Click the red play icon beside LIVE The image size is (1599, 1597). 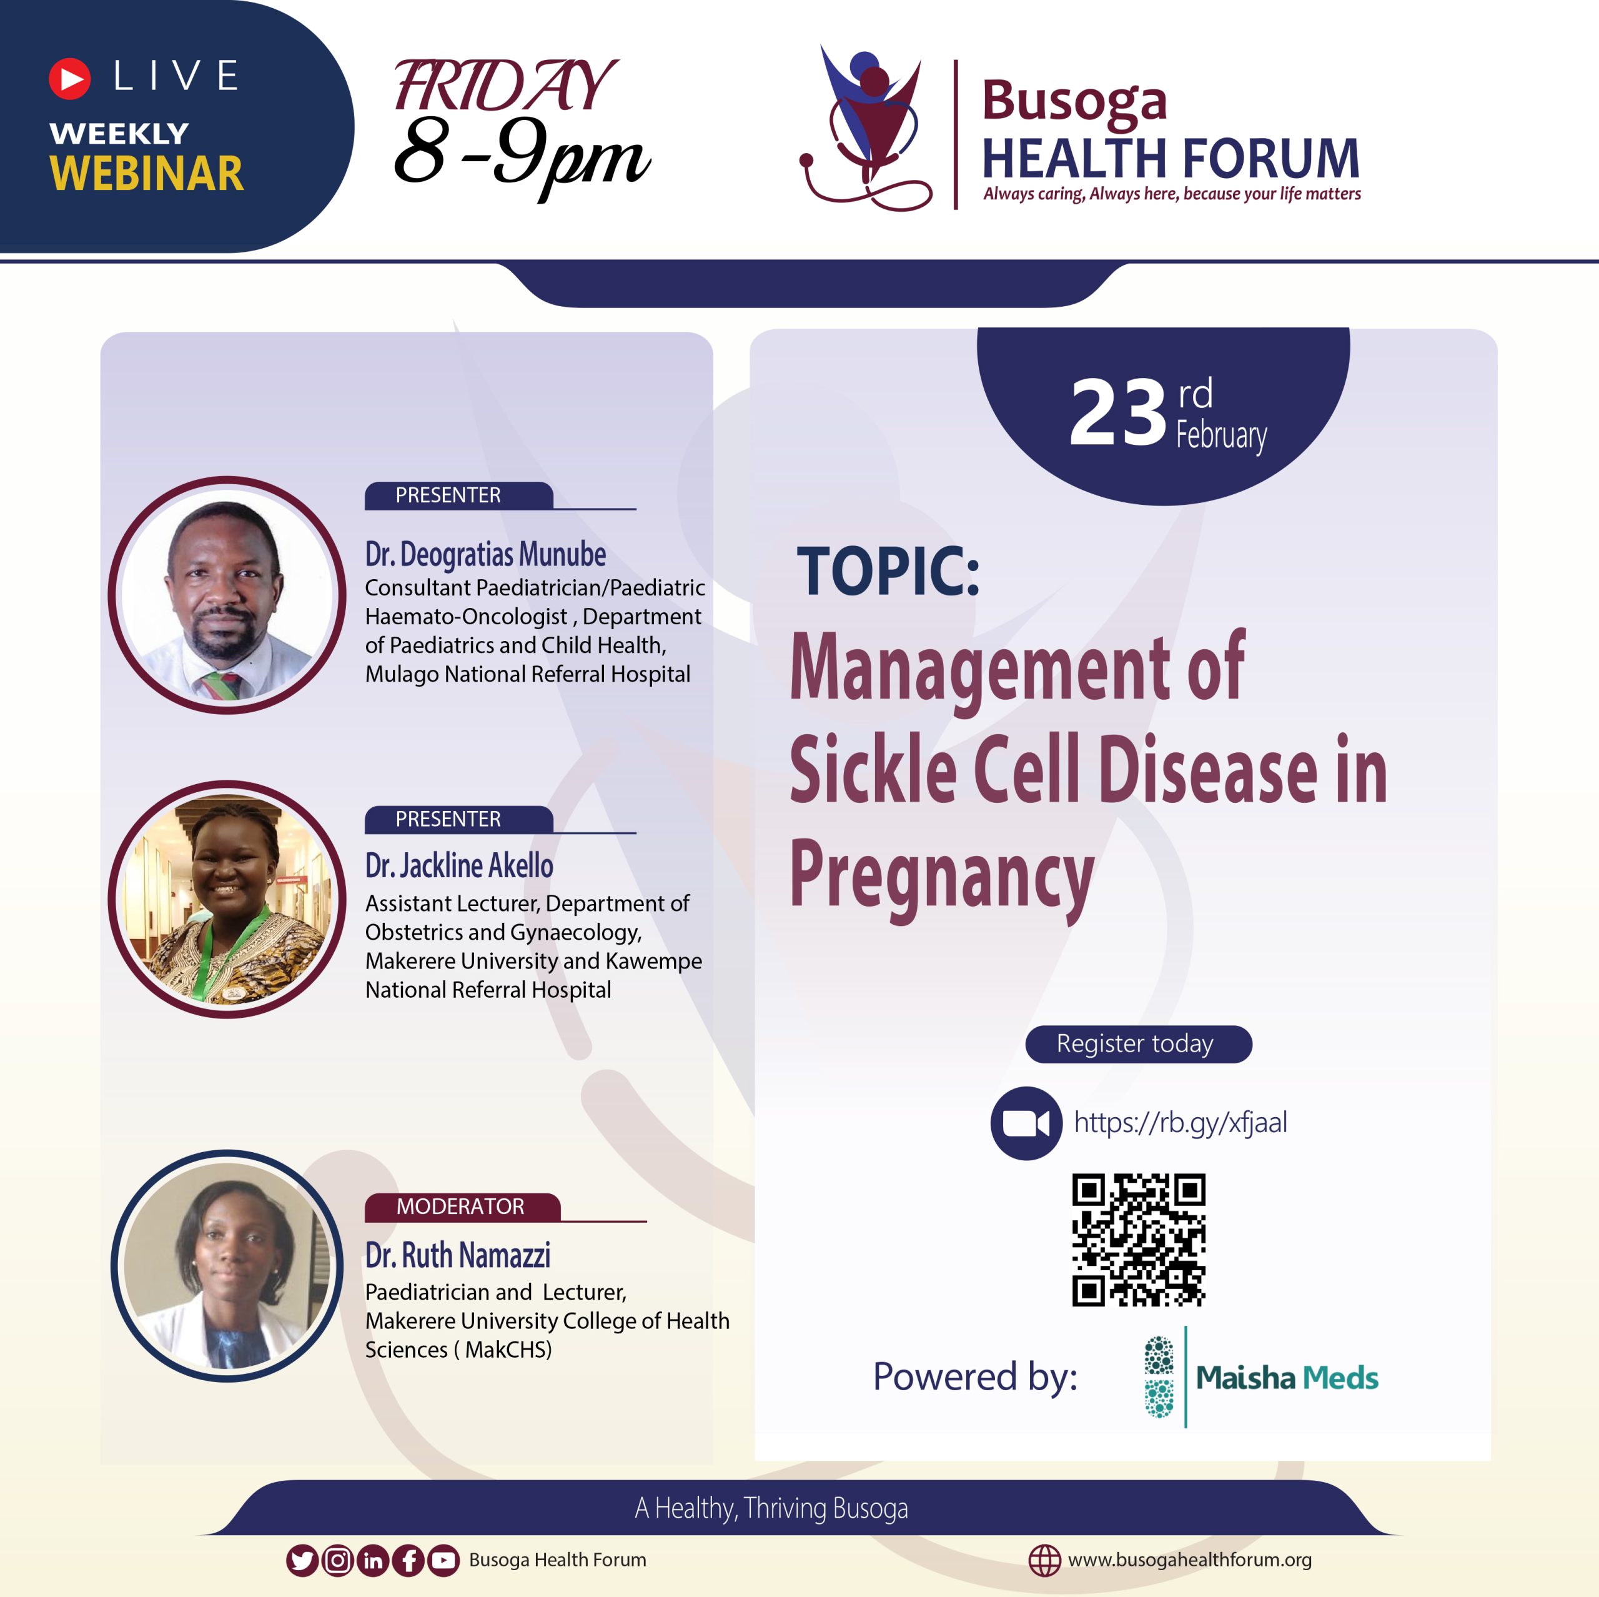pyautogui.click(x=69, y=79)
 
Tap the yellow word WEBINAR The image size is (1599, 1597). pyautogui.click(x=147, y=174)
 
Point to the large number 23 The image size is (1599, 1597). pyautogui.click(x=1117, y=412)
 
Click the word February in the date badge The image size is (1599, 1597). pyautogui.click(x=1220, y=435)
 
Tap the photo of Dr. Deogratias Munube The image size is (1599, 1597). pyautogui.click(x=227, y=594)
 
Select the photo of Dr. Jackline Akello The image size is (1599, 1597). pyautogui.click(x=227, y=899)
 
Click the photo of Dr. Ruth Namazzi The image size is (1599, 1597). pyautogui.click(x=227, y=1265)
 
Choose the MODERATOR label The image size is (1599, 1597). pyautogui.click(x=462, y=1206)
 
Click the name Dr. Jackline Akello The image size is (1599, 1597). pyautogui.click(x=459, y=865)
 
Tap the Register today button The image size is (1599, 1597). pyautogui.click(x=1138, y=1044)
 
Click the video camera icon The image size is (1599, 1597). pyautogui.click(x=1026, y=1123)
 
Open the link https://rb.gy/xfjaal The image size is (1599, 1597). pyautogui.click(x=1181, y=1123)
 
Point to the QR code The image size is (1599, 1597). pyautogui.click(x=1139, y=1240)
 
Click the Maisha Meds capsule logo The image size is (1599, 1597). pyautogui.click(x=1159, y=1377)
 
